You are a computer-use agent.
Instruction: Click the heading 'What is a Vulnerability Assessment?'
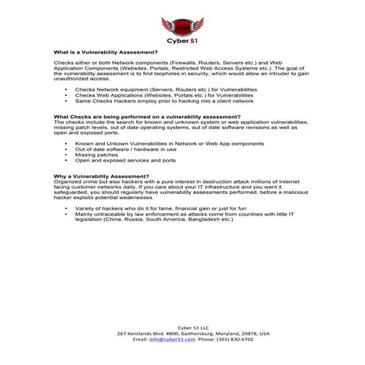click(x=105, y=53)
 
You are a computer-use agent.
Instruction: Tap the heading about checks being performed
click(x=136, y=117)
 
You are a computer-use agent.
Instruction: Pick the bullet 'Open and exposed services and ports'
click(x=125, y=160)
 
